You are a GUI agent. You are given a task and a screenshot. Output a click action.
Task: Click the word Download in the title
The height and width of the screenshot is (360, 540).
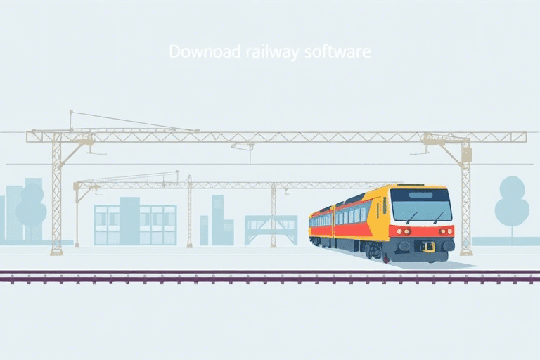pos(205,51)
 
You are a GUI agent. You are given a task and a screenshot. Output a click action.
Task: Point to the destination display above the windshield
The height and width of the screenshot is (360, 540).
pos(420,195)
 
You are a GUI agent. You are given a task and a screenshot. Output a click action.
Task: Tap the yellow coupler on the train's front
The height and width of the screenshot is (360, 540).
pos(428,247)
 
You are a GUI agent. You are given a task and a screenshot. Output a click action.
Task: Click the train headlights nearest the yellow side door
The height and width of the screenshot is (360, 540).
pos(403,231)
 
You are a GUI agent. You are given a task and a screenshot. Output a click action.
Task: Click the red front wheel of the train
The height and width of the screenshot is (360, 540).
pos(386,258)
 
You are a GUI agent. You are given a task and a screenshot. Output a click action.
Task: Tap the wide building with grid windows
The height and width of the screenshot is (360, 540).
pos(135,224)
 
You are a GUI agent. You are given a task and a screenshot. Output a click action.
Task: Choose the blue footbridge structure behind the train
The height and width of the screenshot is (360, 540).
pos(271,230)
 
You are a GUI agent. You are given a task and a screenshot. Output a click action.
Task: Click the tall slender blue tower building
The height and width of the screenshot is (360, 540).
pos(218,220)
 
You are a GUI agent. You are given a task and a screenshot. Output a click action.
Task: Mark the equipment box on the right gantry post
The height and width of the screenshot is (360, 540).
pos(466,155)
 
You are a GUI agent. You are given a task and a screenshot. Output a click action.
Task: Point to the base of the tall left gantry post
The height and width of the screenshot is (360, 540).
pos(57,252)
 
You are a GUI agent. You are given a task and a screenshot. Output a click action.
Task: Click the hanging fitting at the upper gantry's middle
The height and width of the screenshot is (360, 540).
pos(243,147)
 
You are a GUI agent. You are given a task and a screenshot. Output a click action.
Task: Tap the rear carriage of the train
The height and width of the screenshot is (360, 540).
pos(321,226)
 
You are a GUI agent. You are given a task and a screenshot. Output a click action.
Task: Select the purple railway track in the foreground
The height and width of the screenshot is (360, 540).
pos(270,277)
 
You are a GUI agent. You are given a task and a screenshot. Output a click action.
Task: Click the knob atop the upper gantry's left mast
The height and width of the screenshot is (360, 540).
pos(71,112)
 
